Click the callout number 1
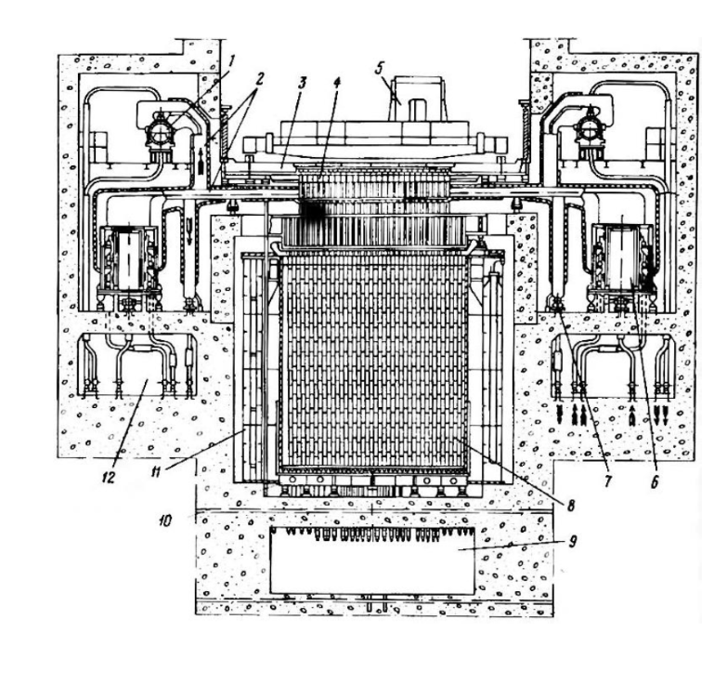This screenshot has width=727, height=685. (x=232, y=60)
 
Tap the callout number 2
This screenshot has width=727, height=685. (x=259, y=78)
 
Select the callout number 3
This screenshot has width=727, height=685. (x=302, y=84)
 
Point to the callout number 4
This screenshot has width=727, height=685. (x=337, y=83)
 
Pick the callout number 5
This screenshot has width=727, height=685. (x=379, y=68)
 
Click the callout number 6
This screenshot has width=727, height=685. (x=655, y=482)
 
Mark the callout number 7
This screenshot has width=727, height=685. (x=607, y=481)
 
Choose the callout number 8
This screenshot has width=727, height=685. (x=571, y=505)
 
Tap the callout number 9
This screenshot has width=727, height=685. (x=573, y=541)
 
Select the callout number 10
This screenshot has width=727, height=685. (x=164, y=520)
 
